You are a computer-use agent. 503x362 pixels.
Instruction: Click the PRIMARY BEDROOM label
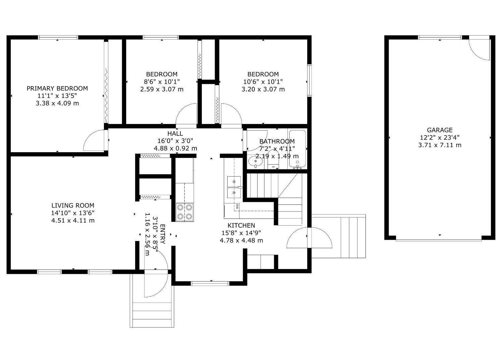57,88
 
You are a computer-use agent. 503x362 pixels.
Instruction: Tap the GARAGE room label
440,130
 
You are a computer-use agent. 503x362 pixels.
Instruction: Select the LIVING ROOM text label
73,205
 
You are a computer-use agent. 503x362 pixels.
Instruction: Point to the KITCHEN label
241,226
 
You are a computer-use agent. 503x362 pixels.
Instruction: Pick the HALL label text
175,134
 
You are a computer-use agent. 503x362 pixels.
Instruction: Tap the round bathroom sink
256,163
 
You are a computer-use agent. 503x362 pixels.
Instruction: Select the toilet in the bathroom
274,160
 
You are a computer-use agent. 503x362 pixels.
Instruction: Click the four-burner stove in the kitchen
185,212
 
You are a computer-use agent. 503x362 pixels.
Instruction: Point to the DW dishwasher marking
237,206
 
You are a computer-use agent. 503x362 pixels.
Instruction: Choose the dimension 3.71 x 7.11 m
440,145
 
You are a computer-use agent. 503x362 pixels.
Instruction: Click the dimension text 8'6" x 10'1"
162,82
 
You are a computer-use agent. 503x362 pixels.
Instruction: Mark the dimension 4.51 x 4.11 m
73,221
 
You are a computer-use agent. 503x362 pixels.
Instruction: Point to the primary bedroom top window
58,38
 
